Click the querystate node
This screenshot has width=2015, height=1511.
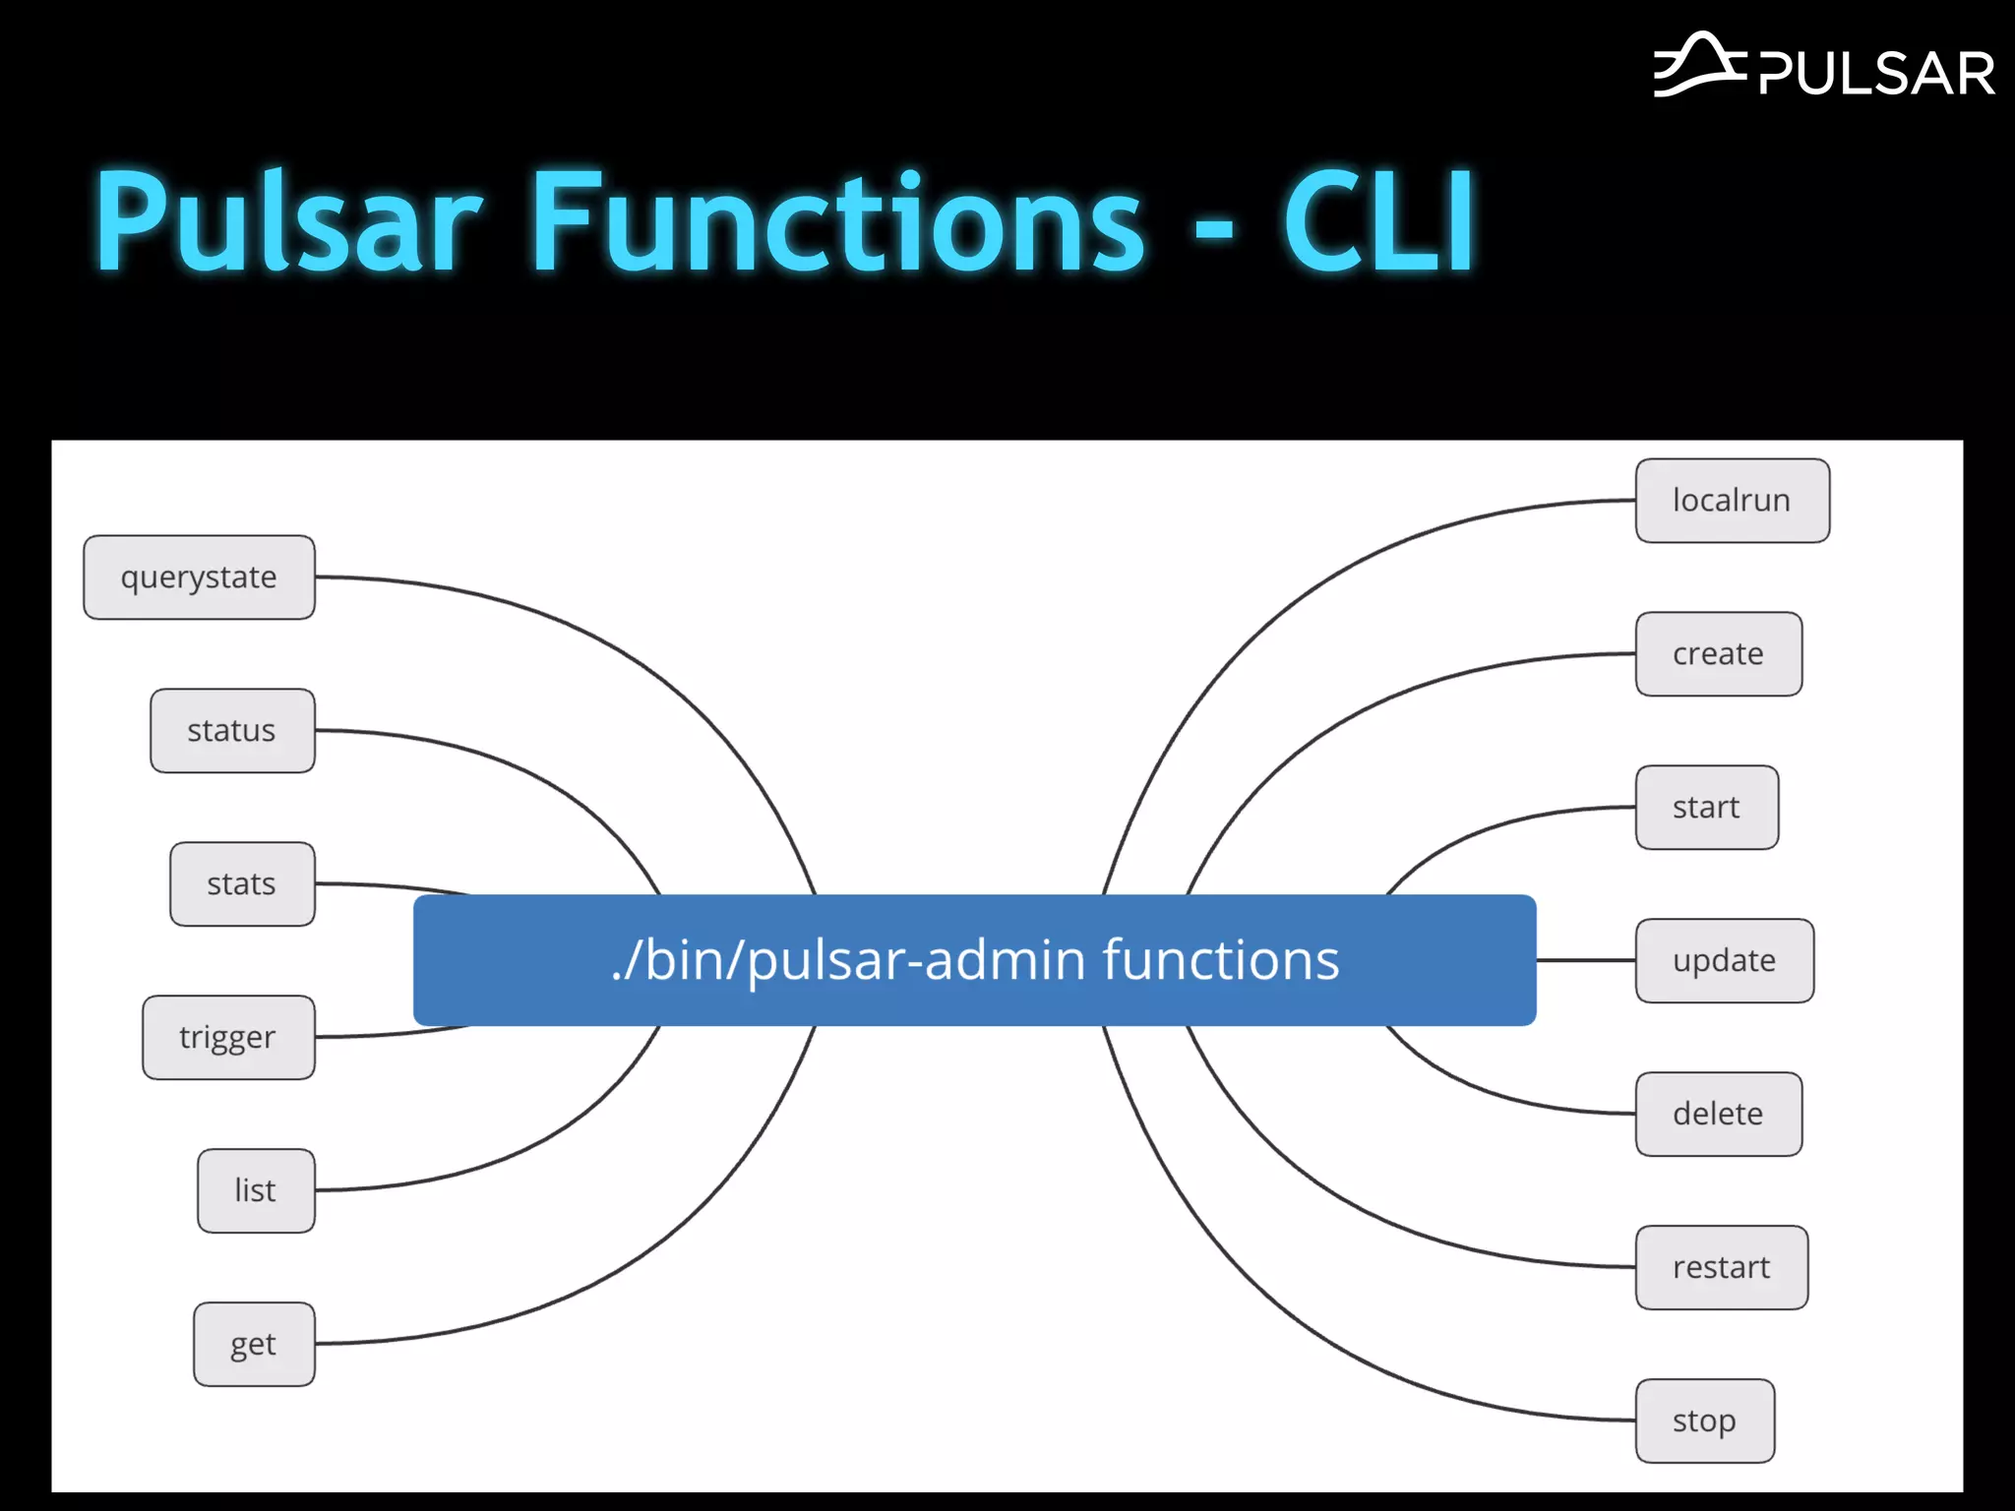(x=199, y=577)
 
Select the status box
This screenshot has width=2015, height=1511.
(x=232, y=731)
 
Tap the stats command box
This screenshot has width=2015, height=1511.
(x=242, y=884)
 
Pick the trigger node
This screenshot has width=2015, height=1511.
(x=228, y=1038)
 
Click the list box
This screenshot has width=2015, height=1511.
(x=256, y=1191)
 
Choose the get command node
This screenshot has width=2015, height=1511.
(x=254, y=1345)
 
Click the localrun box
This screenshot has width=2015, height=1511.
(x=1732, y=501)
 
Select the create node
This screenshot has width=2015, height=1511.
(x=1718, y=654)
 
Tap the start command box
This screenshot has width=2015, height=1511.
(x=1706, y=808)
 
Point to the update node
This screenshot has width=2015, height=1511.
(x=1724, y=961)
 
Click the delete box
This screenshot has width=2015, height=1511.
(x=1718, y=1115)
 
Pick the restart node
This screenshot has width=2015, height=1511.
(x=1721, y=1268)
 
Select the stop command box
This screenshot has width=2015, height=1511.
(x=1704, y=1421)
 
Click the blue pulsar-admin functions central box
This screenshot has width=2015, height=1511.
(x=974, y=960)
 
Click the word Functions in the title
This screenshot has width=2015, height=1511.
(x=836, y=221)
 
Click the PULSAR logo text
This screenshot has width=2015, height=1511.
(x=1875, y=74)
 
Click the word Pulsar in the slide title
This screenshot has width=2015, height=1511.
(x=288, y=221)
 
